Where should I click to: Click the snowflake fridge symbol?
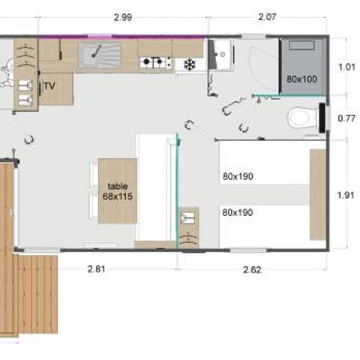190,64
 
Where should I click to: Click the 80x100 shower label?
301,78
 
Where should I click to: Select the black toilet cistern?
322,117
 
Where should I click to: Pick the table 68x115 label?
118,190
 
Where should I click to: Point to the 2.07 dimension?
268,17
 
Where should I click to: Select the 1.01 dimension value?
346,66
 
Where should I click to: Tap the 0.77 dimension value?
346,118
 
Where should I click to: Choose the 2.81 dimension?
95,268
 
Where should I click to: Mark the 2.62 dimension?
251,268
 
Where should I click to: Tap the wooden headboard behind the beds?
318,193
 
